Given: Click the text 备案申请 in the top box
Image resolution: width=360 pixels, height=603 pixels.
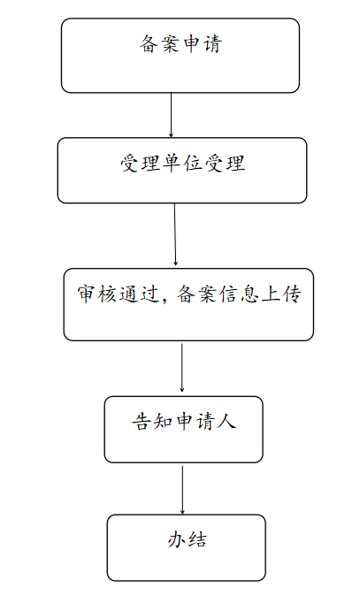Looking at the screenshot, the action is point(180,43).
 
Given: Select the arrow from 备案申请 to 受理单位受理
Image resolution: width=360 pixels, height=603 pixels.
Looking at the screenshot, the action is point(171,115).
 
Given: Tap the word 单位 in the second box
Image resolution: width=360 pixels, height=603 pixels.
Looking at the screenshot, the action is point(183,163).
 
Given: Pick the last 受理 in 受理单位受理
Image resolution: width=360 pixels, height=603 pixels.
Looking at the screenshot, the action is point(226,163).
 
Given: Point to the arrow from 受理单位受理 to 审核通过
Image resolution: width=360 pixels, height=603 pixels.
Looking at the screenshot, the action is point(175,234).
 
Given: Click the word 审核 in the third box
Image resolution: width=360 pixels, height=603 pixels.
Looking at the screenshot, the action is point(96,294).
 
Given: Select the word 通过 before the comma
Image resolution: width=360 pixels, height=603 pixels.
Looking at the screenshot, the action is point(139,294).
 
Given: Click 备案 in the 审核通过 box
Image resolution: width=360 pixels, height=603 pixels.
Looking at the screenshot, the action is point(197,294).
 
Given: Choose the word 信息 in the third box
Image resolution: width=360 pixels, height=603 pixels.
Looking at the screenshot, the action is point(239,294).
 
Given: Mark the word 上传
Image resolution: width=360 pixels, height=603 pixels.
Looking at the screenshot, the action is point(280,294).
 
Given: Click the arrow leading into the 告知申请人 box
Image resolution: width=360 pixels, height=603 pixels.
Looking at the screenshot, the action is point(182,368).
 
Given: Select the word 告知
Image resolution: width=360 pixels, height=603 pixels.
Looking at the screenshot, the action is point(152,421).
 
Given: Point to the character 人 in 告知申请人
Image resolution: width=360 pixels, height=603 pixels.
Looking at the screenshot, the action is point(226,421).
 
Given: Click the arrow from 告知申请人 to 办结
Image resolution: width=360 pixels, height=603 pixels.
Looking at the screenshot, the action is point(182,490).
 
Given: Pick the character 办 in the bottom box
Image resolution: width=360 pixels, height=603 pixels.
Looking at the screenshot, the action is point(177,539).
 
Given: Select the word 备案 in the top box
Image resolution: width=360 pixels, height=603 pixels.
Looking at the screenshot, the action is point(159,43).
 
